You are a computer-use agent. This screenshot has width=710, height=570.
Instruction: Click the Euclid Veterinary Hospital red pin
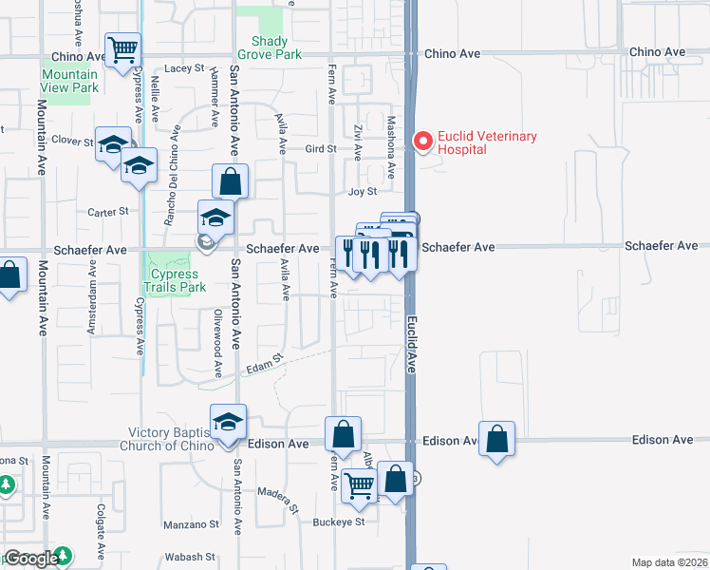click(x=422, y=142)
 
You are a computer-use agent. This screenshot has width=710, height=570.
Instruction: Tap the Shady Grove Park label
click(x=276, y=47)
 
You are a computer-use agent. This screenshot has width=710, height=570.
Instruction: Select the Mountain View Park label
click(x=69, y=81)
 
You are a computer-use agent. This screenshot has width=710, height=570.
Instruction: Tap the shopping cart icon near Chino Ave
click(x=121, y=49)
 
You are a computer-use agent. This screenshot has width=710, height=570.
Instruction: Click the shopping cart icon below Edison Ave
click(x=359, y=485)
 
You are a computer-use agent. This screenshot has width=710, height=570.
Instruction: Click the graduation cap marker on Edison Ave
click(x=228, y=421)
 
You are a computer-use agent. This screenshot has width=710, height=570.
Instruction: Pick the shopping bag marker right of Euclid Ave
click(x=496, y=438)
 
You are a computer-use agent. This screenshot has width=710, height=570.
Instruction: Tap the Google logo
click(x=31, y=559)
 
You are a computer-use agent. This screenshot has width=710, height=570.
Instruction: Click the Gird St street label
click(x=321, y=149)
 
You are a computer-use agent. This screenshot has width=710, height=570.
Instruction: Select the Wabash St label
click(x=184, y=557)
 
